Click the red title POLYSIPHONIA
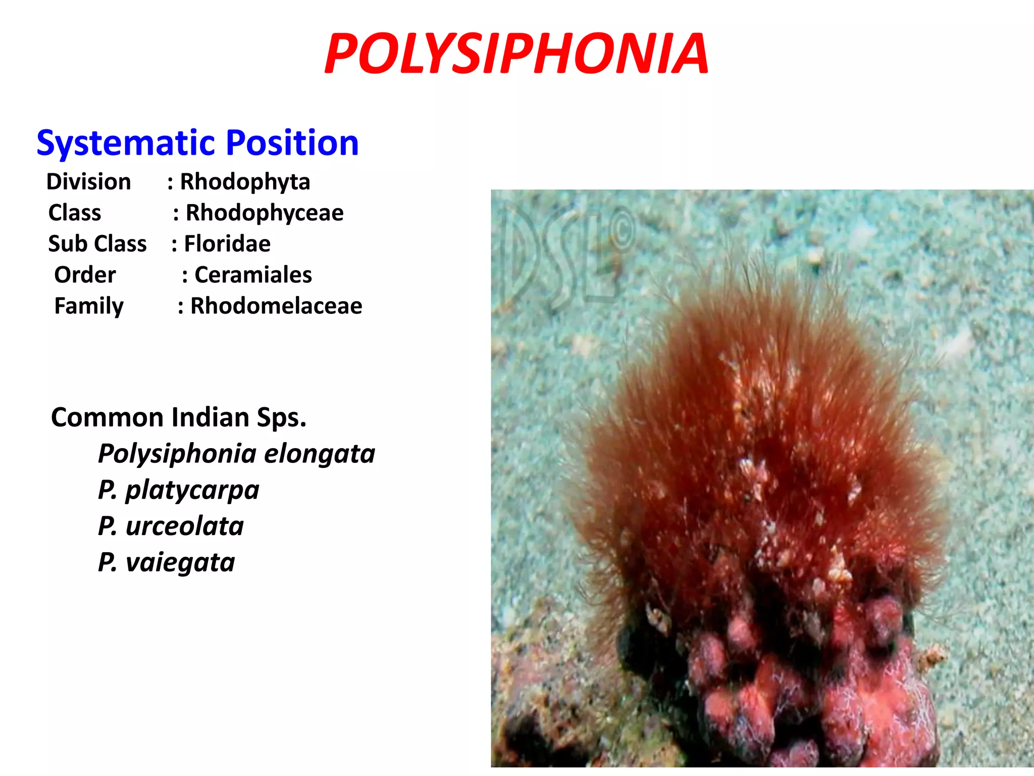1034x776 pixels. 516,54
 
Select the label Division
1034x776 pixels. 89,182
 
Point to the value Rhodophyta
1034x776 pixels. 245,182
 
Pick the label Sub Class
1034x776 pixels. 97,244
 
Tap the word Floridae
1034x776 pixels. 227,244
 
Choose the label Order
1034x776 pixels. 85,275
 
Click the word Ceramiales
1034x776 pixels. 253,275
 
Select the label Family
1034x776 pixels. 89,306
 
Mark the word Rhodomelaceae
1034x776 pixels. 276,306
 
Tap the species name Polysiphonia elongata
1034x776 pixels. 236,454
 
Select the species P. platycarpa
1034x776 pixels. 179,490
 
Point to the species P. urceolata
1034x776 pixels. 171,526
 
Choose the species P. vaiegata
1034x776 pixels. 167,562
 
